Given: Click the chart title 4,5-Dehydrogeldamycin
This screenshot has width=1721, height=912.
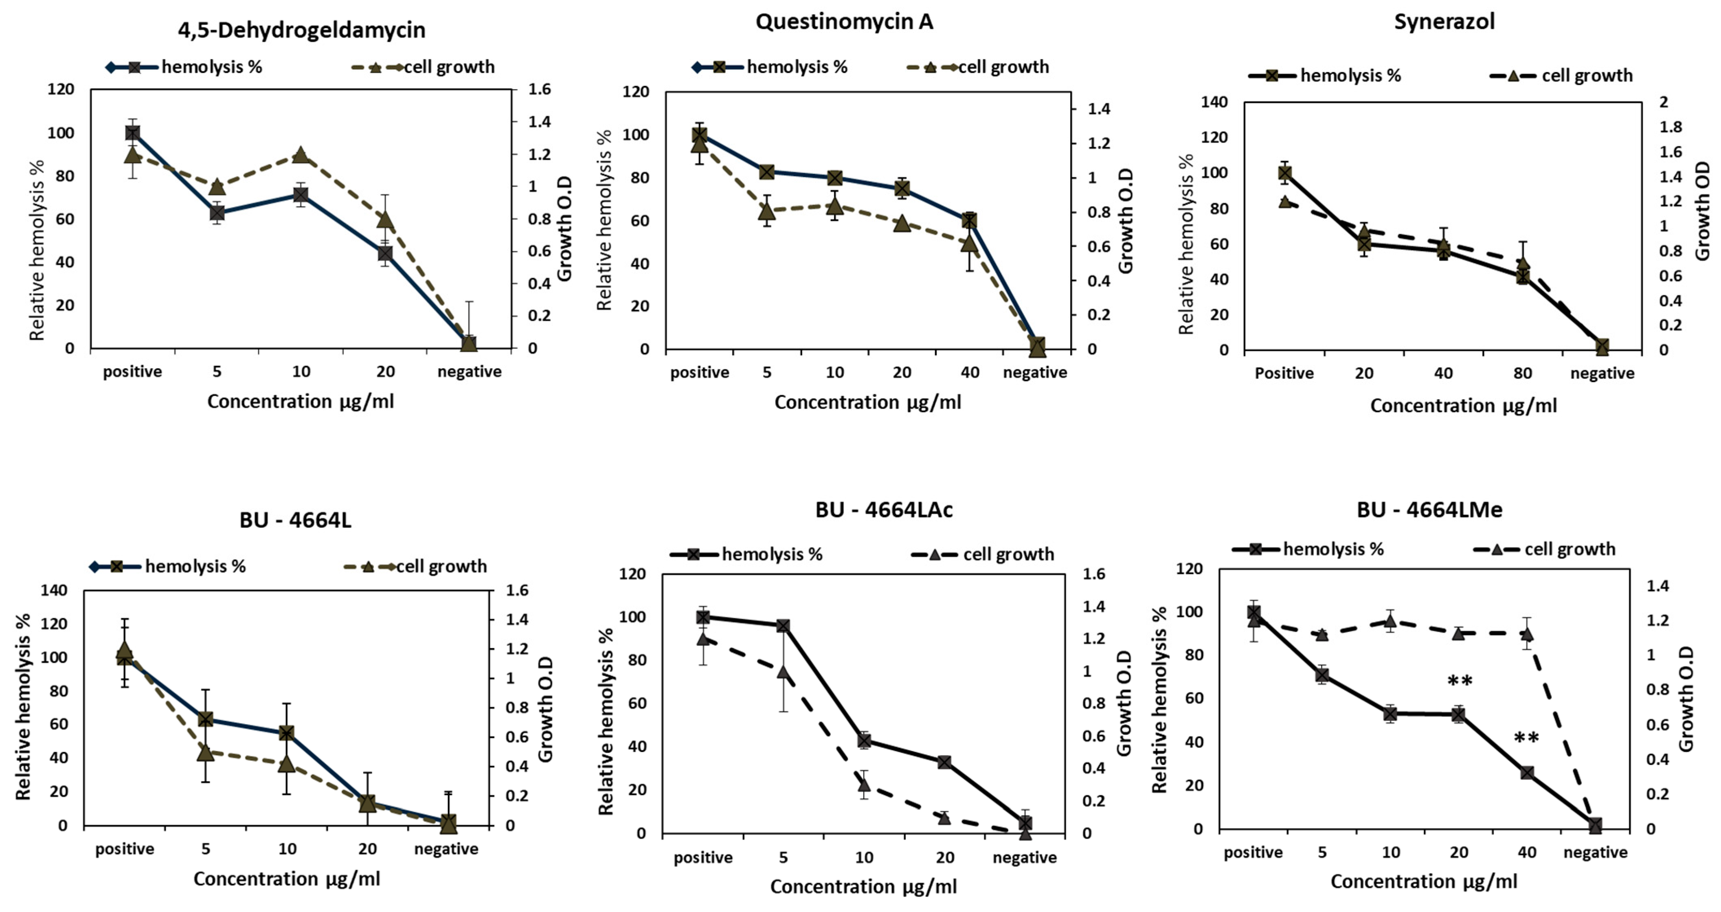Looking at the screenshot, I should click(301, 30).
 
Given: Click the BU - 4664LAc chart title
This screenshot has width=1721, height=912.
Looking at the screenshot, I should click(883, 510).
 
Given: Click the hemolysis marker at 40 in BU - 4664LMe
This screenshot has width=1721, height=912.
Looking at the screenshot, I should click(1527, 772).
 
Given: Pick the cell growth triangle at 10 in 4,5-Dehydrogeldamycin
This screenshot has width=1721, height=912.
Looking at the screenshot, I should click(301, 155).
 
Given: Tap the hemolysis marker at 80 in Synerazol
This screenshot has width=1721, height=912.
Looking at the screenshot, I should click(1523, 276).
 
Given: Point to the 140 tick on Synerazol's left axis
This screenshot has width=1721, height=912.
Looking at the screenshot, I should click(1214, 102).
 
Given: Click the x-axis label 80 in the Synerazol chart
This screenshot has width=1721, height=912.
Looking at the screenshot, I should click(1523, 373).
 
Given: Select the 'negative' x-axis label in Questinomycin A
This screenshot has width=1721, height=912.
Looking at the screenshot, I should click(1034, 372).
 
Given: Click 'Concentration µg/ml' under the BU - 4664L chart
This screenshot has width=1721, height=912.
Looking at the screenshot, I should click(287, 879).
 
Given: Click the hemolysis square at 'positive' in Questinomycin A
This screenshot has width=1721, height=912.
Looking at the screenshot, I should click(700, 134).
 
